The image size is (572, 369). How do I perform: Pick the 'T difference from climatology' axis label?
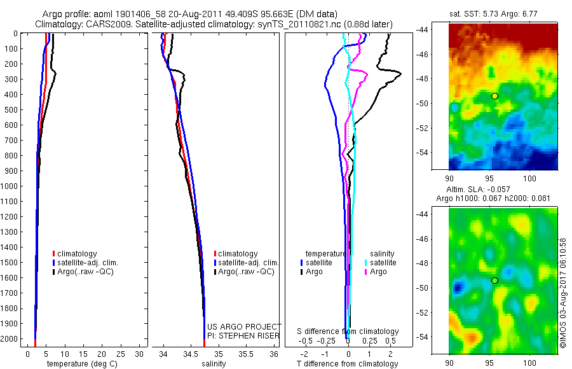tap(348, 364)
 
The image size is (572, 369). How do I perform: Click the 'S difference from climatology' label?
tap(348, 331)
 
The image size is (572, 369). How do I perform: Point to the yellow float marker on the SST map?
tap(494, 95)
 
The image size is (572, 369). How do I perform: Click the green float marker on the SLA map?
tap(494, 281)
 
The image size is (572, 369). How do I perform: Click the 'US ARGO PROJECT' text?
tap(244, 326)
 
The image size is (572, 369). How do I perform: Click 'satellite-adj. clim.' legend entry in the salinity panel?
tap(249, 263)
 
